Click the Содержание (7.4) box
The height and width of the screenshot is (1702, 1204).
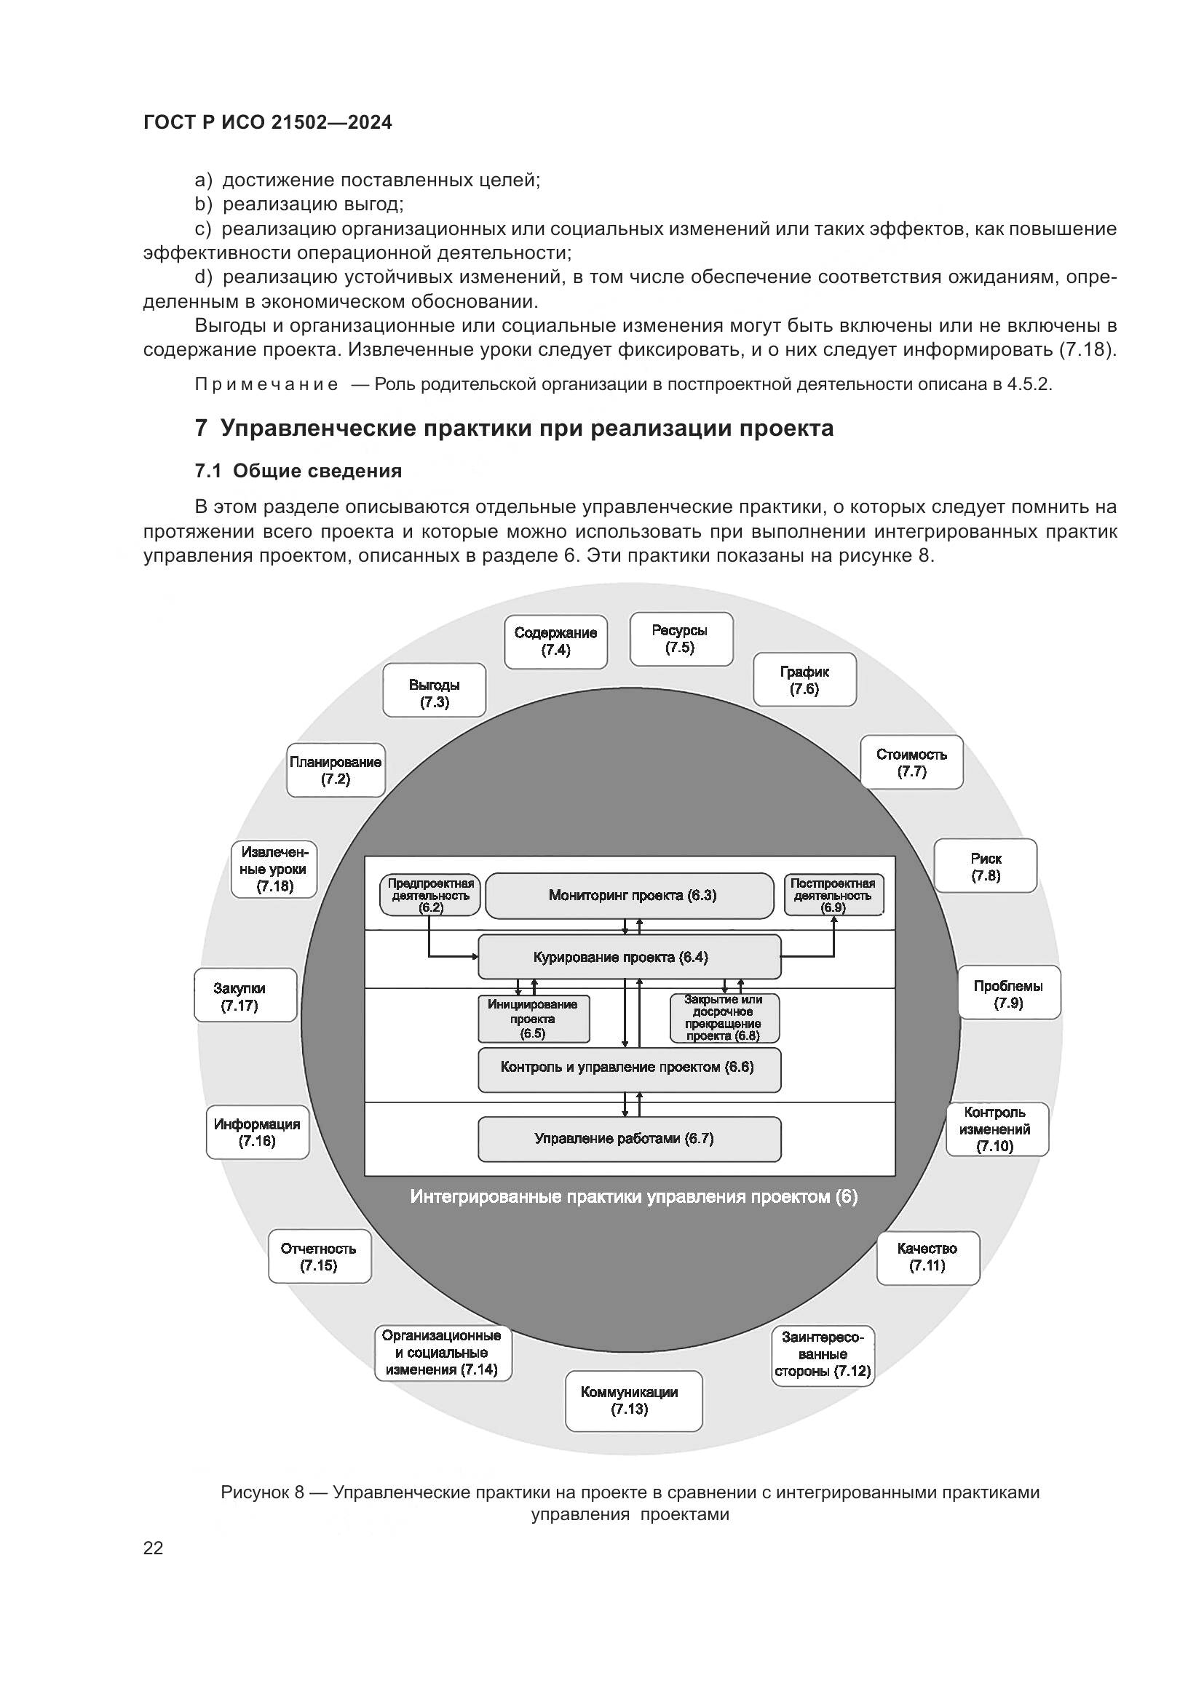click(x=556, y=642)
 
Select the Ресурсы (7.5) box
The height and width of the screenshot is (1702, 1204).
click(x=681, y=639)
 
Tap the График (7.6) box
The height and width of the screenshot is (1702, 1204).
click(x=804, y=680)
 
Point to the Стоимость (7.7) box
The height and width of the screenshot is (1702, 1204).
click(x=911, y=762)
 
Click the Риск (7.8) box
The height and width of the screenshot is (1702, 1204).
click(x=986, y=866)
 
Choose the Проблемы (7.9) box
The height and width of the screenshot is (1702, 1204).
click(x=1008, y=993)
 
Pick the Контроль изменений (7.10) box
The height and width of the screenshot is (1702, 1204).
click(x=997, y=1129)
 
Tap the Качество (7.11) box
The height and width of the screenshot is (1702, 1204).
click(x=927, y=1257)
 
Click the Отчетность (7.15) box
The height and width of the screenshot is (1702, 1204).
click(x=320, y=1257)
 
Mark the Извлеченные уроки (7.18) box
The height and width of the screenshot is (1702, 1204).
click(x=274, y=869)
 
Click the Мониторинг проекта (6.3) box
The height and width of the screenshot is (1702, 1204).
click(x=630, y=895)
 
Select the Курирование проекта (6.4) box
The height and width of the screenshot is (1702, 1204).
click(x=629, y=957)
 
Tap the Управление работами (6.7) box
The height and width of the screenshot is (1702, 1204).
click(x=629, y=1139)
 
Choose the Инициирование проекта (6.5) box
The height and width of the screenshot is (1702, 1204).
click(x=533, y=1019)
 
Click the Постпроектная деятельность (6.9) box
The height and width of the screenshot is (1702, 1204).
click(x=833, y=894)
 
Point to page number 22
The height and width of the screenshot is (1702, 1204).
click(x=153, y=1548)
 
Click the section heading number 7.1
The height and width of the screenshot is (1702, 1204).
click(x=207, y=471)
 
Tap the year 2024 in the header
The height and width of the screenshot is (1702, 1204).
click(x=368, y=122)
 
